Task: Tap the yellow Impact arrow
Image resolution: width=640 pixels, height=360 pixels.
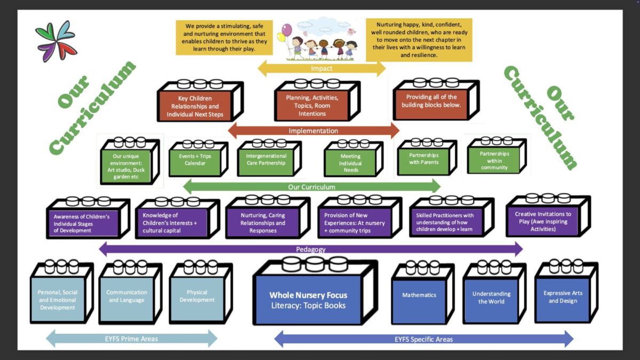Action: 322,68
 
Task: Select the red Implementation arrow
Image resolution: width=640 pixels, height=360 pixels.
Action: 314,131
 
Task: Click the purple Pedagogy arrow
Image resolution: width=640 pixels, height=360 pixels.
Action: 311,249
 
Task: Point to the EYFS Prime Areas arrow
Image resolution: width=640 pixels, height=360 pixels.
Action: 131,339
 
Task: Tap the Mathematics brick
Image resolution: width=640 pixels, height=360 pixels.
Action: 419,295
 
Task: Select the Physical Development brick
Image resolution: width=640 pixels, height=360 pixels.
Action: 197,297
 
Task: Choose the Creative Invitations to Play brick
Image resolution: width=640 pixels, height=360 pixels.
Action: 543,221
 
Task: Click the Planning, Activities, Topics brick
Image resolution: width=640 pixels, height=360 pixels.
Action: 313,106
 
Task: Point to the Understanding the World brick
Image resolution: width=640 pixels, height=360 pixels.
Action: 491,298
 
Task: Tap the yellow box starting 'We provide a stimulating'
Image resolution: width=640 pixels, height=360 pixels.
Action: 224,37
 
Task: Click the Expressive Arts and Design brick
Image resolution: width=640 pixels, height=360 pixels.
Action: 563,297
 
